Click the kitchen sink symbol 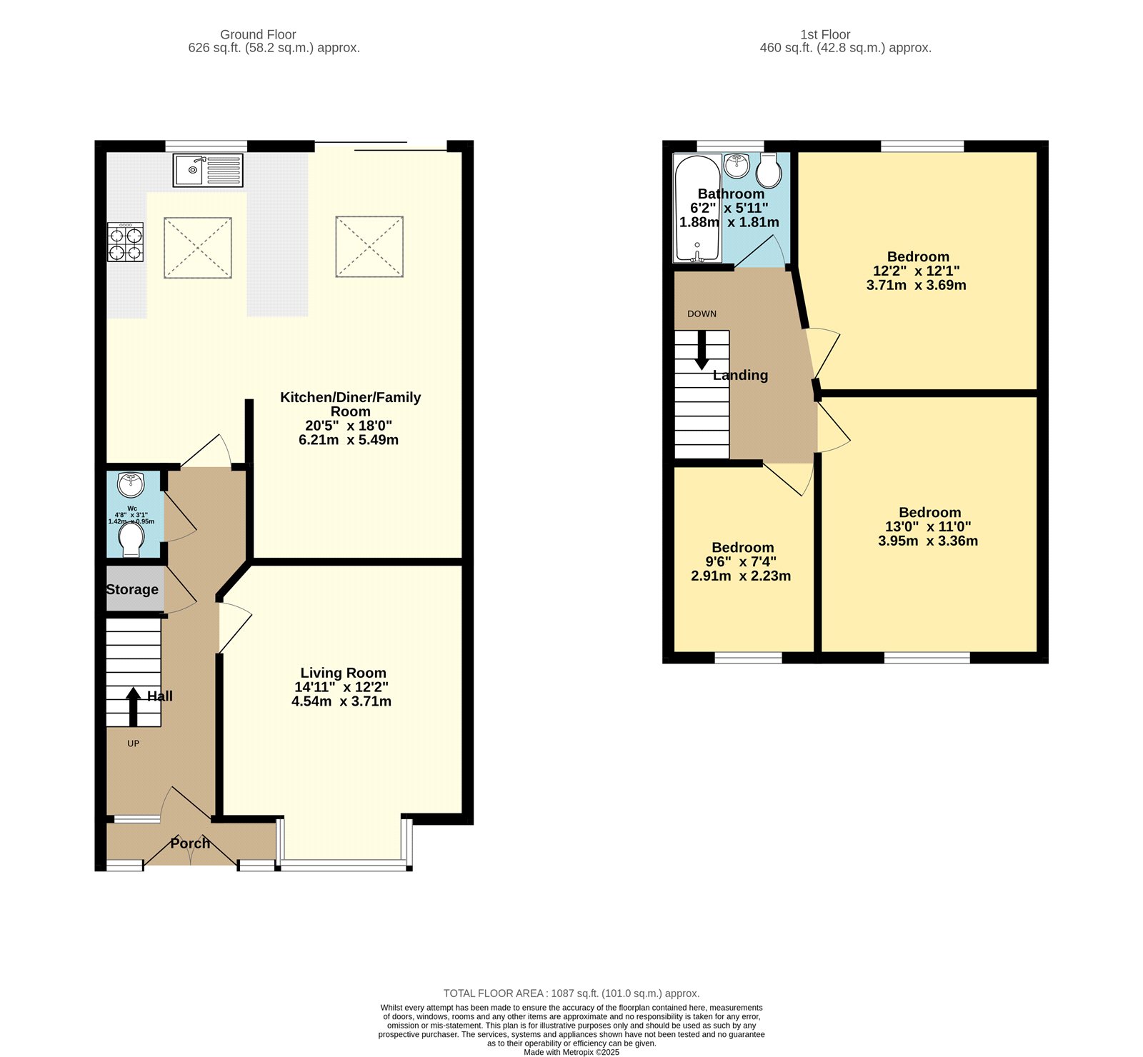208,170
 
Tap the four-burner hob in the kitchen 126,242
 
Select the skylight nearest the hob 198,247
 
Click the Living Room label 343,673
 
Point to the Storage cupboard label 132,589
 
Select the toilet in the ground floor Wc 131,541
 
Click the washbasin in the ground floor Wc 131,484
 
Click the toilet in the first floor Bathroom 769,170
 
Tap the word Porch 190,843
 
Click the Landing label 740,375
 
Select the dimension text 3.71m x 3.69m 916,285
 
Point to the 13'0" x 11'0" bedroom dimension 928,526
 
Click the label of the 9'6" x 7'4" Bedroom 742,548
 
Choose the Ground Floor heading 258,34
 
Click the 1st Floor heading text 825,34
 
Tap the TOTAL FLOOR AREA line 571,993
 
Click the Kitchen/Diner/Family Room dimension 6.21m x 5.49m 349,440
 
